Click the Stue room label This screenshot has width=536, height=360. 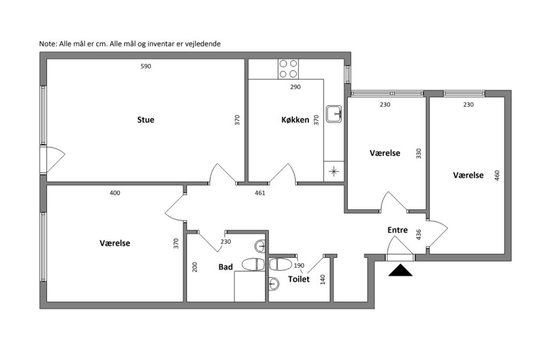coord(145,120)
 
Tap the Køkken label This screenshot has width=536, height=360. coord(296,120)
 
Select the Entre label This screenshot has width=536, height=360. coord(398,230)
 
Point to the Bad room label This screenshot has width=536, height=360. coord(226,267)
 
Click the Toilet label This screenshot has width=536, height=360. coord(299,279)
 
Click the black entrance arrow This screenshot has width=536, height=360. coord(400,270)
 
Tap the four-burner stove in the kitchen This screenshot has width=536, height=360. coord(288,69)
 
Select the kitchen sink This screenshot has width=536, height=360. coord(333,114)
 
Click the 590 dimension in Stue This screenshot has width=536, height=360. coord(146,66)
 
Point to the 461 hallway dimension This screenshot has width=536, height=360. coord(260,193)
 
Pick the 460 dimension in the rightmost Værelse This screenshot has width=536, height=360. coord(497,176)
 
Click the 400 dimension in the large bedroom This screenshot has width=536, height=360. coord(115,193)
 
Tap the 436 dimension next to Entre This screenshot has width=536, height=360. coord(419,234)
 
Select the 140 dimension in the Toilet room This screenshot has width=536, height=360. coord(323,279)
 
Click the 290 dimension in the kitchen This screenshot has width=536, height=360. coord(296,87)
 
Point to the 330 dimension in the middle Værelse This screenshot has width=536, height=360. coord(419,153)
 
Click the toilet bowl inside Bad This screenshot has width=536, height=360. coord(253,265)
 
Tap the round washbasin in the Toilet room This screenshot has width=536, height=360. coord(274,283)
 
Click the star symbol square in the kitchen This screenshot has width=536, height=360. coord(333,171)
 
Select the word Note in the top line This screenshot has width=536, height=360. coord(47,44)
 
